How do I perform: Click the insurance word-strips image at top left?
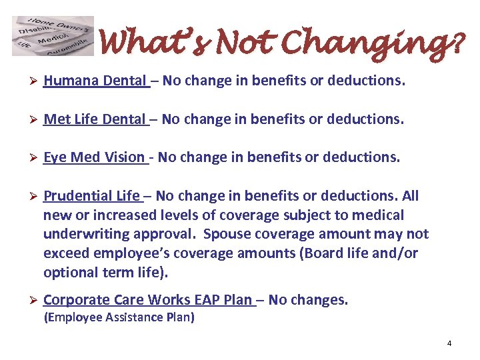click(x=53, y=36)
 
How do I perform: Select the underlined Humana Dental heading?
click(x=95, y=81)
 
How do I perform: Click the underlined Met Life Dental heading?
click(x=94, y=119)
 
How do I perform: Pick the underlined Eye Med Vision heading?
click(x=94, y=157)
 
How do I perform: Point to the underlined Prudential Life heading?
click(x=91, y=196)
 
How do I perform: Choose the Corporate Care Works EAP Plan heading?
click(x=149, y=300)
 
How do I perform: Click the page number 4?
click(x=449, y=343)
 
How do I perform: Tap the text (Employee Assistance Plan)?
click(x=119, y=317)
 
